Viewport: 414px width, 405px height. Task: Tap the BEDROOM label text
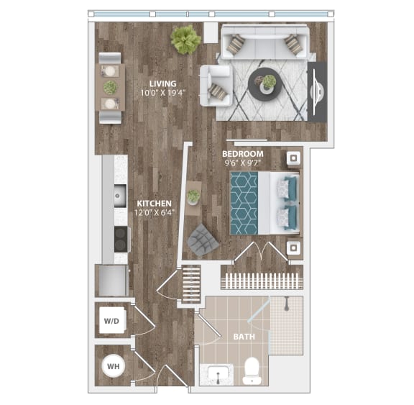pos(242,154)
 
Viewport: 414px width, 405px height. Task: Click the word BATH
pos(241,336)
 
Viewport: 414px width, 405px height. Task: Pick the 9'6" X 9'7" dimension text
pos(243,163)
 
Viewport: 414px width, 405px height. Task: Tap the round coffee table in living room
pos(264,85)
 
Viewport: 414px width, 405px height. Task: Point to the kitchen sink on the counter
pos(118,195)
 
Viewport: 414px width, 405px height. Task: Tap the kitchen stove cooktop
pos(120,238)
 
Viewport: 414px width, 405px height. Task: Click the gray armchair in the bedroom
pos(202,240)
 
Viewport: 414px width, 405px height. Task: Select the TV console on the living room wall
pos(317,91)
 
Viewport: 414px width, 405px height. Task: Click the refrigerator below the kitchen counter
pos(111,281)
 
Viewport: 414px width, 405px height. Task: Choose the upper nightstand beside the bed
pos(293,158)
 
